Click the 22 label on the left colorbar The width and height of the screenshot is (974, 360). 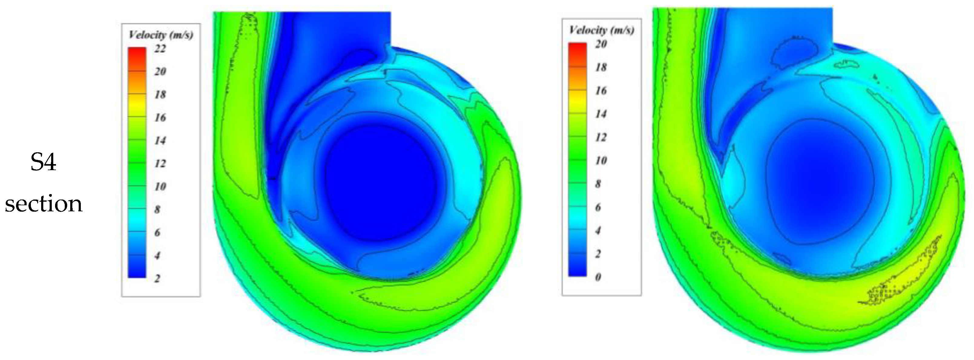pos(160,49)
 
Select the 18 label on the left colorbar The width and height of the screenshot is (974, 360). pos(160,94)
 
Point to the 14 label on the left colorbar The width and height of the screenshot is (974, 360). pos(160,141)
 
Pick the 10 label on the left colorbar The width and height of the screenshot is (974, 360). pos(160,187)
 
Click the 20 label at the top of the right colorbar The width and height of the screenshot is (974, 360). pos(601,44)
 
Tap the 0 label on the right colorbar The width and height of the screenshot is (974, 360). pos(598,277)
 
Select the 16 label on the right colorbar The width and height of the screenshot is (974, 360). pos(601,91)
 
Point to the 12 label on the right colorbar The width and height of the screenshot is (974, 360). pos(601,137)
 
